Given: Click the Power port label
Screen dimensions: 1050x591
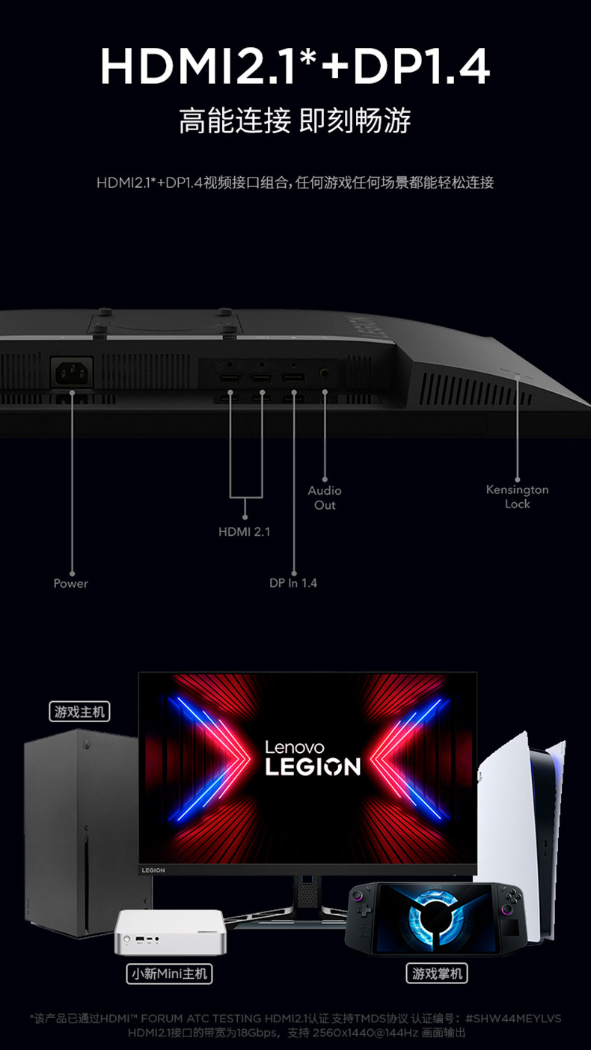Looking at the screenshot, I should (70, 583).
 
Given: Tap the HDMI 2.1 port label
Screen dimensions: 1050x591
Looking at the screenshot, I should (244, 531).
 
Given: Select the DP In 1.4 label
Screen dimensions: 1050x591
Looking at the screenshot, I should (293, 582).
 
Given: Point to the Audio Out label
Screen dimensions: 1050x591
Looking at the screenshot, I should (325, 498).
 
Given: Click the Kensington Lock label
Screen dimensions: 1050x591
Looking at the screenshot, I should (517, 497).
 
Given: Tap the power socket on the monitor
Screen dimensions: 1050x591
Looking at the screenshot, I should (72, 371).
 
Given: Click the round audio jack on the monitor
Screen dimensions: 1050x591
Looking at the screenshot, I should (325, 372).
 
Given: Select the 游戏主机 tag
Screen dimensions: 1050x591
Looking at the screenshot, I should (79, 711).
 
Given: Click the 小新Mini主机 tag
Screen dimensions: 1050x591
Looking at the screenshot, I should (169, 974).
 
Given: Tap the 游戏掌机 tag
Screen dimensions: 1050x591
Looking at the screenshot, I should (438, 973).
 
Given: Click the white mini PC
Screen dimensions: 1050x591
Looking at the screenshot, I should (169, 931).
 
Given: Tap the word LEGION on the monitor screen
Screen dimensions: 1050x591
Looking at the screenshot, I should (313, 766).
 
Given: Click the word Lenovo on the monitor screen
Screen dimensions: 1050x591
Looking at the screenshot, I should (295, 747).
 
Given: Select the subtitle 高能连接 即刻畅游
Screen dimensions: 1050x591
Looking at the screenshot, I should (295, 120).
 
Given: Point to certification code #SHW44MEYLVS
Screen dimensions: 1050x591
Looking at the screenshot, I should (512, 1018).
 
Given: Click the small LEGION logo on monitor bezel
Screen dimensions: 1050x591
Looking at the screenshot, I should (153, 870).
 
